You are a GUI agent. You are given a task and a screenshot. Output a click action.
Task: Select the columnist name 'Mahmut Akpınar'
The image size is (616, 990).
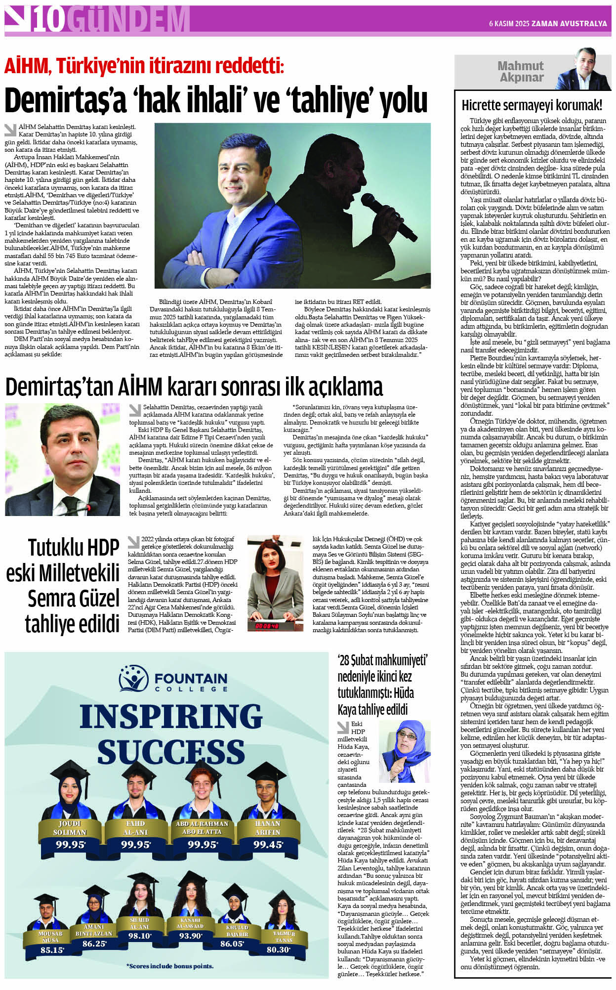point(521,72)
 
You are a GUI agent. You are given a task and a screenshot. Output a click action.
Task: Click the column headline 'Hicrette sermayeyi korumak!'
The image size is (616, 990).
point(532,105)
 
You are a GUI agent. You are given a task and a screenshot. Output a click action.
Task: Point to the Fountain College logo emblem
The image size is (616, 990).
point(133,679)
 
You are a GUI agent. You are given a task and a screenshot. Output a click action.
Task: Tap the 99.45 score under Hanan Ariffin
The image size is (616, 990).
point(268,845)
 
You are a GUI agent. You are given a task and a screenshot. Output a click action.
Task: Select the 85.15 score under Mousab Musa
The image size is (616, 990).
point(52,950)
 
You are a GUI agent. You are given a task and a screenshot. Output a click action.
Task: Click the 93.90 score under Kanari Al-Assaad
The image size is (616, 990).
point(190,936)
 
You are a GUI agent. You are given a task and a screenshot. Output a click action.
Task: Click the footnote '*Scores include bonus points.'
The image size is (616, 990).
point(170,966)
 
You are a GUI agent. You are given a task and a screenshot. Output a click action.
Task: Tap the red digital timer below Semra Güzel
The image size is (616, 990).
point(267,626)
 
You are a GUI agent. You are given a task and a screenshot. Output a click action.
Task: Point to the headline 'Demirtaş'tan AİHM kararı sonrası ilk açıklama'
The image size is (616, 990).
point(194,387)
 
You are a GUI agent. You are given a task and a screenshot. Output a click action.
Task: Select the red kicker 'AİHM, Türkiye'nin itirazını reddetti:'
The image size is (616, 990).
point(144,66)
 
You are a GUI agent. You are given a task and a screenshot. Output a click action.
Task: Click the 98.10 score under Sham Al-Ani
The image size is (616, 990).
point(140,936)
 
